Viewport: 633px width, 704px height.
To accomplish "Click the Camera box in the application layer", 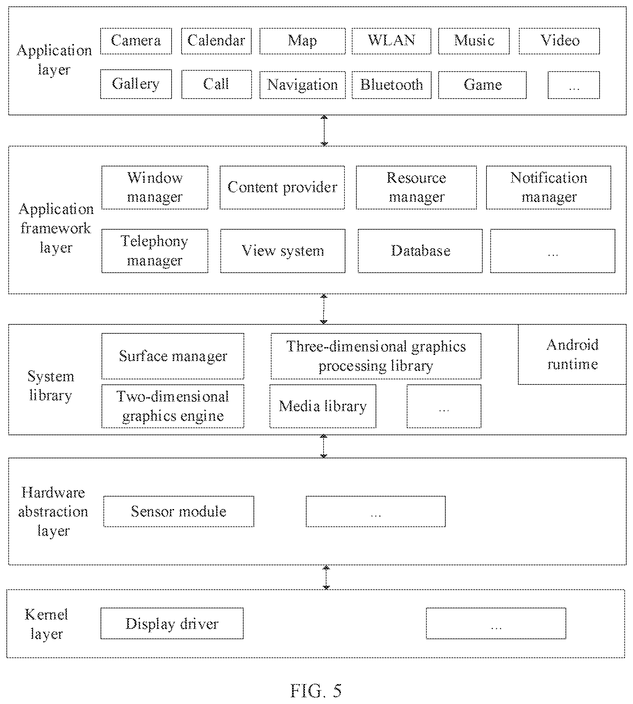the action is click(x=136, y=41).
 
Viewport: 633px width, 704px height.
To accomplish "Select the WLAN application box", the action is click(x=391, y=41).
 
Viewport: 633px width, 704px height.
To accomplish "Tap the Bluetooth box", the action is click(x=392, y=85).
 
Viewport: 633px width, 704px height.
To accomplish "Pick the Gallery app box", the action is click(x=136, y=84).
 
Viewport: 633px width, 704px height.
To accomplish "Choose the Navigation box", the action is click(x=303, y=85).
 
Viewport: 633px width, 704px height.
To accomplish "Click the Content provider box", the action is click(x=282, y=187).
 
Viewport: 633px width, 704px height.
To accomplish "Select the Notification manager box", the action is click(x=548, y=187).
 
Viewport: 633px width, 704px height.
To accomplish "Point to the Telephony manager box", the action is click(x=155, y=251).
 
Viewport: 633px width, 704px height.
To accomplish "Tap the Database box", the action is click(x=420, y=251).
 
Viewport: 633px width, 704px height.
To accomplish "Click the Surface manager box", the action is click(x=173, y=356).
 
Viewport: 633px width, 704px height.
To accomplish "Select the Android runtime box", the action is click(x=572, y=354).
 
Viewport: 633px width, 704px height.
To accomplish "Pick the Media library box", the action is click(x=323, y=406).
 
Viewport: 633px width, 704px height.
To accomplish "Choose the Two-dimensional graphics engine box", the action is click(x=173, y=406).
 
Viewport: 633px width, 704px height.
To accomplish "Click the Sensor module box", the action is click(x=179, y=511).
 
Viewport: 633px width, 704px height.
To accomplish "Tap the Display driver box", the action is click(x=172, y=623).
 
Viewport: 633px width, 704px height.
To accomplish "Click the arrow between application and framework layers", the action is click(x=324, y=130).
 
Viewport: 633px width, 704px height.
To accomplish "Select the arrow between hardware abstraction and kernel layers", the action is click(x=326, y=577).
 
